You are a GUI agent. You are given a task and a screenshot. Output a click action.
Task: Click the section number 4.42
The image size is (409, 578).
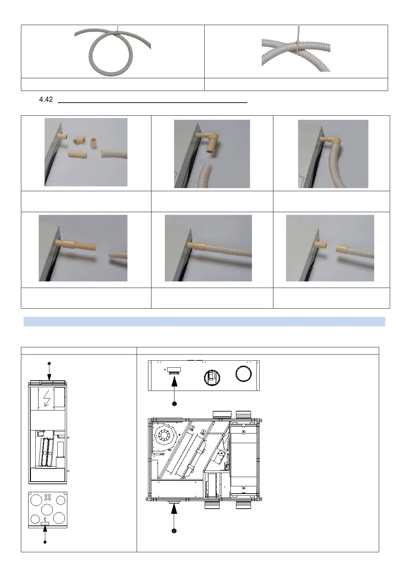click(x=46, y=99)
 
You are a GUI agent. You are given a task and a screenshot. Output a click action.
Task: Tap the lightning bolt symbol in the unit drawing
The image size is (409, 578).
click(x=47, y=398)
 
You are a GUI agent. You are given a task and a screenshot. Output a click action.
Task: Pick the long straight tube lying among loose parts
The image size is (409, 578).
click(x=77, y=154)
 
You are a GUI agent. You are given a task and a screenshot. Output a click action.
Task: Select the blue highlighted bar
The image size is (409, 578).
click(x=204, y=322)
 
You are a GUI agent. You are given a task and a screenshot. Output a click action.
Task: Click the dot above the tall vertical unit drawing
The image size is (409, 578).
click(x=49, y=363)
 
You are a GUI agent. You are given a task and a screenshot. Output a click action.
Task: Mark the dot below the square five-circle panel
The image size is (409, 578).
click(x=45, y=542)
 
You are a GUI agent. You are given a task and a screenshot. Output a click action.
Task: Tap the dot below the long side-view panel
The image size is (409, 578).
click(x=174, y=404)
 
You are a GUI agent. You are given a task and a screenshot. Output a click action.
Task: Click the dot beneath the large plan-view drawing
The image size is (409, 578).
click(x=174, y=531)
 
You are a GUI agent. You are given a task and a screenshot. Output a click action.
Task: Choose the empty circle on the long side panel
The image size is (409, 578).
click(x=243, y=374)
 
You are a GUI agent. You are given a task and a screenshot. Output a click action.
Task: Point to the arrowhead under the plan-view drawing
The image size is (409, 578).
click(x=174, y=508)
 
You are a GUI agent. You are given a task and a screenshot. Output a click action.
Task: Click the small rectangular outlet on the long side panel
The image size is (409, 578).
click(x=174, y=370)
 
